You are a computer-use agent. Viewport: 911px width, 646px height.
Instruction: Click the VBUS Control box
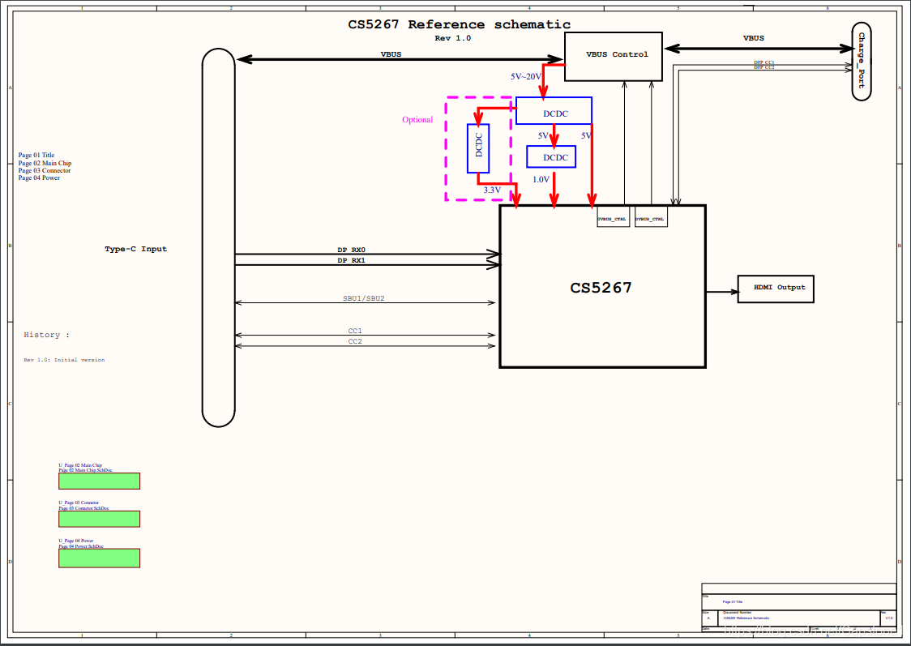[x=613, y=56]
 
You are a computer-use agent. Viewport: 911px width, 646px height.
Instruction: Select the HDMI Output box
[x=776, y=289]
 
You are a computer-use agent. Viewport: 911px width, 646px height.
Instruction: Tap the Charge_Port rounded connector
[x=862, y=62]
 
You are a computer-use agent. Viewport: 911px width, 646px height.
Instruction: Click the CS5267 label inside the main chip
[x=601, y=288]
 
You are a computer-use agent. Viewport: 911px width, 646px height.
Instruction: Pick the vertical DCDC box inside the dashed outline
[x=478, y=148]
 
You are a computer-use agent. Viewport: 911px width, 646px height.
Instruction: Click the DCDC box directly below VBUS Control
[x=554, y=111]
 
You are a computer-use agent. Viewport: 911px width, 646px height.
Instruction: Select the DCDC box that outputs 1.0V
[x=551, y=156]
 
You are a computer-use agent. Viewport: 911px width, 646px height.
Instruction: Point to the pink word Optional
[x=417, y=120]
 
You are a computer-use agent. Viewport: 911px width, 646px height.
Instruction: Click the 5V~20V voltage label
[x=525, y=76]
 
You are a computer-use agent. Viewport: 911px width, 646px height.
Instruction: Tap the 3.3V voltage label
[x=492, y=190]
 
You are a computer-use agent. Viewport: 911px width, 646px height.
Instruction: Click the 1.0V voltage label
[x=541, y=179]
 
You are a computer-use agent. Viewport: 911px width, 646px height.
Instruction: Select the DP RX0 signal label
[x=352, y=250]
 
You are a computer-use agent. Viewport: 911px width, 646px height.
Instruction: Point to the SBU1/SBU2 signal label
[x=363, y=298]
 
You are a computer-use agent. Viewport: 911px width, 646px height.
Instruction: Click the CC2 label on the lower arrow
[x=355, y=341]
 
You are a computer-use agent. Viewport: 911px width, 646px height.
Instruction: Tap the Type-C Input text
[x=136, y=249]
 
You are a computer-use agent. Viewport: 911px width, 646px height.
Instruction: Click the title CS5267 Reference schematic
[x=459, y=24]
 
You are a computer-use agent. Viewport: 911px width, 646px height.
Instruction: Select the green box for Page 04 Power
[x=99, y=558]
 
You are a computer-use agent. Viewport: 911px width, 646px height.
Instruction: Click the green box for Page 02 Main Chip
[x=99, y=481]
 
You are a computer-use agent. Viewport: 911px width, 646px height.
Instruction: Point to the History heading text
[x=46, y=335]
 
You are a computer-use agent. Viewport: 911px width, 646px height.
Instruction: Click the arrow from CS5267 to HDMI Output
[x=721, y=291]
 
